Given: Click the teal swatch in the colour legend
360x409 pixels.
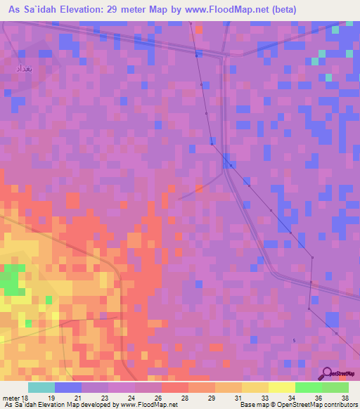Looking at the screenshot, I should click(41, 387).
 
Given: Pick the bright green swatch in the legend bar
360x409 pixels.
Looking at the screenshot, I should click(308, 387).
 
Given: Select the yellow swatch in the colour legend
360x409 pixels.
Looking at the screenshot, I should click(281, 387).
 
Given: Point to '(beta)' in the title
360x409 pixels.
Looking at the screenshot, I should click(281, 10).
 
